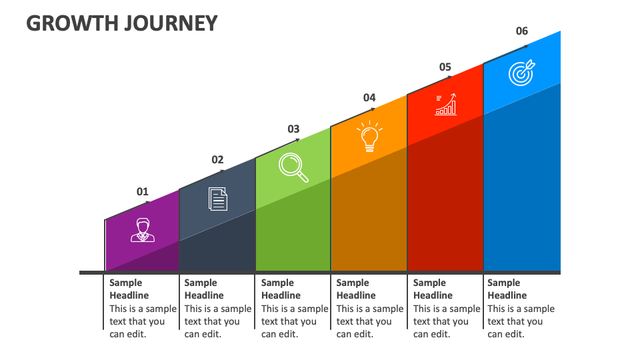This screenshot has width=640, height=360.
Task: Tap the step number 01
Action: click(143, 192)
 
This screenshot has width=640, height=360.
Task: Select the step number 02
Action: click(217, 160)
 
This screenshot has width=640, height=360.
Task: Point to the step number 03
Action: click(293, 129)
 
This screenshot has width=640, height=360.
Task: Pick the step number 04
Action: click(369, 98)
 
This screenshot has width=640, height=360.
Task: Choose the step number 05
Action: click(445, 67)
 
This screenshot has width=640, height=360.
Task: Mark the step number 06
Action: click(521, 31)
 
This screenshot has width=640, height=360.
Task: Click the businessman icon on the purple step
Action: click(142, 230)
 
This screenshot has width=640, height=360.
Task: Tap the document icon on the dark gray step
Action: click(218, 199)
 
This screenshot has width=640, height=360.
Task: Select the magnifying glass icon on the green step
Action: click(293, 167)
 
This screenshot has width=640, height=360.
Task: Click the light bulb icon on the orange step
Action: click(369, 137)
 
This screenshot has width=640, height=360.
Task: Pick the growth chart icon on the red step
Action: click(446, 105)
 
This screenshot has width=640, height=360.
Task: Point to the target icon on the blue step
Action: click(521, 73)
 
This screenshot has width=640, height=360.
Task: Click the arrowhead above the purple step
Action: click(149, 201)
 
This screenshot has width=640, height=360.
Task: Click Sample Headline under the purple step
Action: click(129, 289)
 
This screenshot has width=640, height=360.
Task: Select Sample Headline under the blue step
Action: click(507, 289)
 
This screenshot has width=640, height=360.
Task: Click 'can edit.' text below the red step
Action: click(431, 334)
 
